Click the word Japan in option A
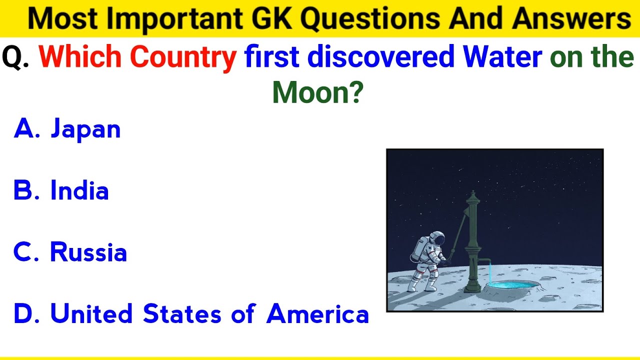click(85, 129)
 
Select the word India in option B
click(79, 191)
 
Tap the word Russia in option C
click(88, 252)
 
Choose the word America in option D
click(317, 314)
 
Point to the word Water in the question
click(502, 57)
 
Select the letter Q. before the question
click(15, 58)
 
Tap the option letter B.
click(23, 191)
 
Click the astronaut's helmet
click(437, 238)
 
